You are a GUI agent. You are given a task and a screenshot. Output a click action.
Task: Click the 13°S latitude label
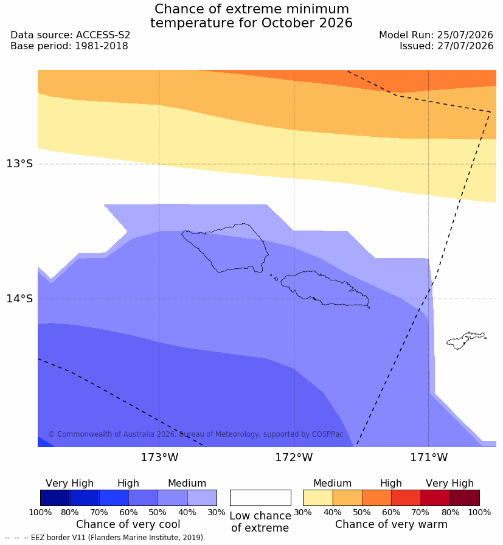[19, 164]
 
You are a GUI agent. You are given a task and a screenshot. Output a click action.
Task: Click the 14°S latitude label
[19, 298]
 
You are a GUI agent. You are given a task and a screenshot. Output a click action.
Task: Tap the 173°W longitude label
[159, 457]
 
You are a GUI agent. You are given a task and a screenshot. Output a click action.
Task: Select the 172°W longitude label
[294, 457]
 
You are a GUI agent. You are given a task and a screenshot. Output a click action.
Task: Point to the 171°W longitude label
[429, 457]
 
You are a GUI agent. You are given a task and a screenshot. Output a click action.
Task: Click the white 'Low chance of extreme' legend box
[260, 498]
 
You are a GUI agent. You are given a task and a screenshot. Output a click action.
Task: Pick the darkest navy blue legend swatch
[55, 498]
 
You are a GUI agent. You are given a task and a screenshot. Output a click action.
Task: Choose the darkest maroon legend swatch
[465, 498]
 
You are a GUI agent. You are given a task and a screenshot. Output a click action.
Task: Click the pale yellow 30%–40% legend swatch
[317, 498]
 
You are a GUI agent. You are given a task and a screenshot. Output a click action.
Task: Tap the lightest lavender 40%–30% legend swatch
[202, 498]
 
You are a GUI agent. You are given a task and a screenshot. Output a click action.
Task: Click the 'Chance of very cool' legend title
[128, 524]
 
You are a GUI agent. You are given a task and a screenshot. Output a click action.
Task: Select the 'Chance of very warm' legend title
[391, 524]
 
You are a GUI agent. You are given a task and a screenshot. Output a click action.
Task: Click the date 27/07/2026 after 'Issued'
[465, 46]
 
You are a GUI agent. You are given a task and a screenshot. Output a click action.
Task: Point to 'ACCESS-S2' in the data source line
[103, 35]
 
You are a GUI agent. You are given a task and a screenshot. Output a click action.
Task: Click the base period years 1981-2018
[102, 46]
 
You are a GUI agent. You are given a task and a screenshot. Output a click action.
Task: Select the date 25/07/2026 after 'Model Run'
[465, 35]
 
